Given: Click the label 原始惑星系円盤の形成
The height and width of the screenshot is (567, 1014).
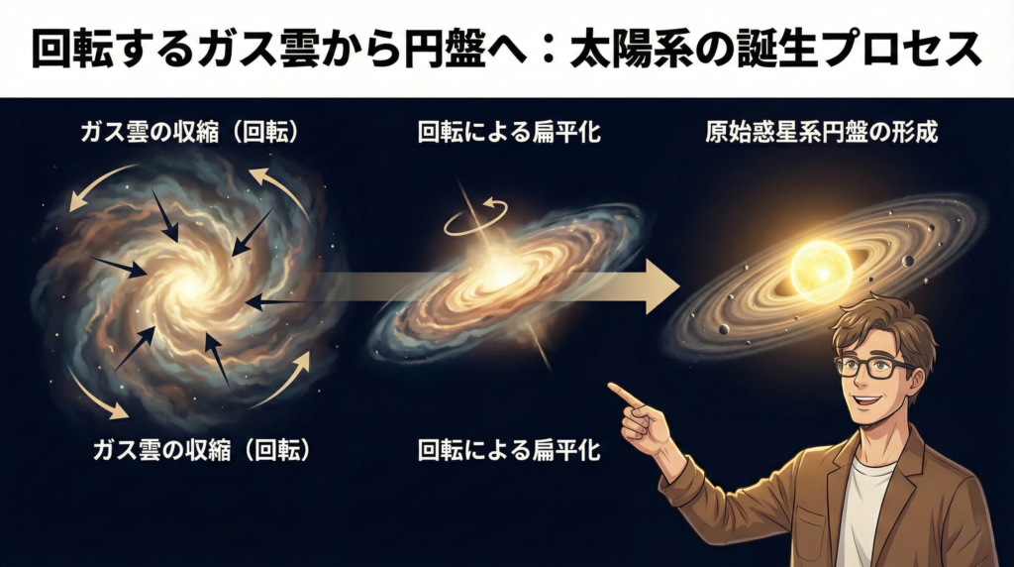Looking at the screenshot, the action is coord(821,132).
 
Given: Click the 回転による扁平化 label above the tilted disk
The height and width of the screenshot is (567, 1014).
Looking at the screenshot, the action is coord(509,132).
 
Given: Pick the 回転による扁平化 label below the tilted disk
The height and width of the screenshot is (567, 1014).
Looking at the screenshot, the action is coord(509,449).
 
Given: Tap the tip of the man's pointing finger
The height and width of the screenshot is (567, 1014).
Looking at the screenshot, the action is coord(610,387).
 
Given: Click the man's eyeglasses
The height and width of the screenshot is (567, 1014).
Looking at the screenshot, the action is coord(874,367).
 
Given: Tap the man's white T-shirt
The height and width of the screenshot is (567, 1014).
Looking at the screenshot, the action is coord(866,511).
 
